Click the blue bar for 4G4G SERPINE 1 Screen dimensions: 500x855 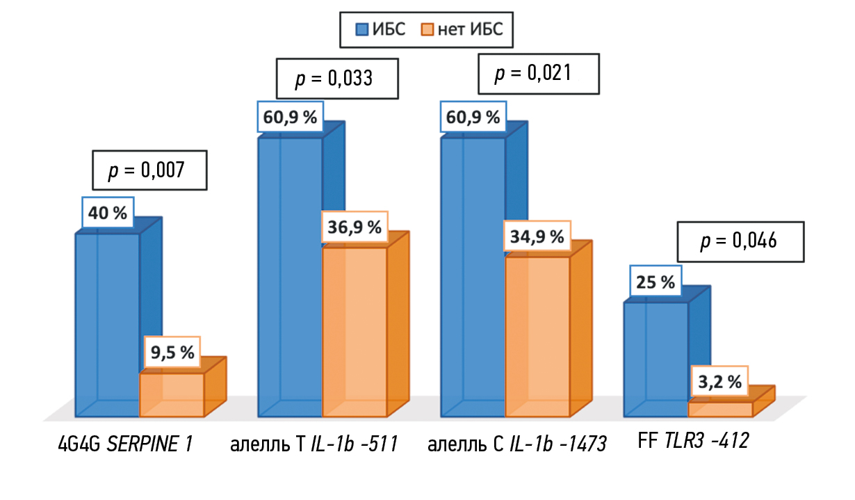[107, 324]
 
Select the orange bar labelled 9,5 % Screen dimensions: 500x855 [172, 394]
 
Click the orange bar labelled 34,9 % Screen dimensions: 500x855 [537, 337]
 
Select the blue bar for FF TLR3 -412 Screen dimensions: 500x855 [655, 359]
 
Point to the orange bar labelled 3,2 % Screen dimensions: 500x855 [720, 409]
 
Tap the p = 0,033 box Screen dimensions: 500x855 [337, 78]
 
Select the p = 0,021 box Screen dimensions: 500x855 [539, 74]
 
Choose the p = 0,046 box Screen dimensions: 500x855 [740, 242]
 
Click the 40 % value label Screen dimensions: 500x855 [108, 213]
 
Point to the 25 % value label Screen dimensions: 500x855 [655, 282]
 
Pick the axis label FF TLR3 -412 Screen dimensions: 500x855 [692, 441]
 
